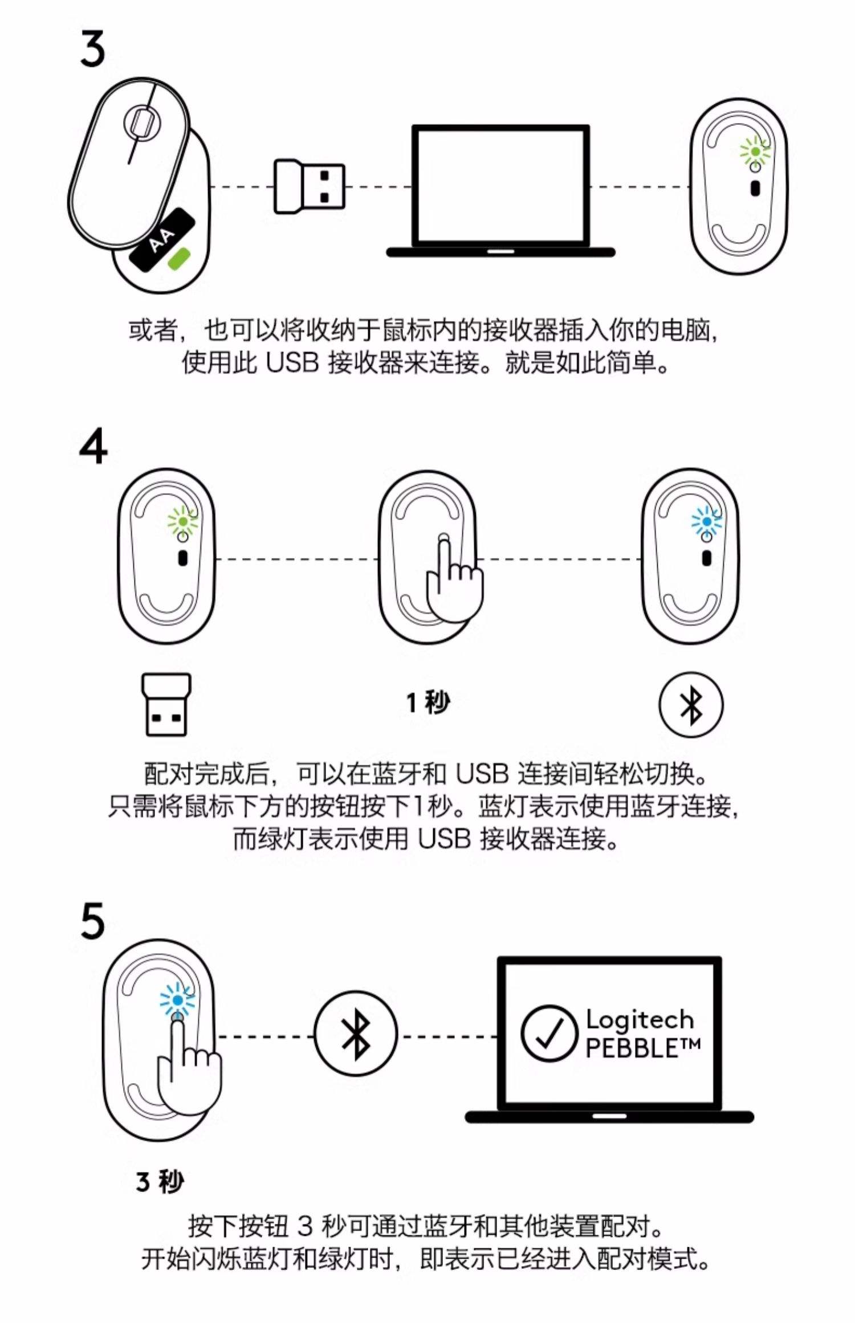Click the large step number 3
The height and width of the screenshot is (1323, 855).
tap(93, 49)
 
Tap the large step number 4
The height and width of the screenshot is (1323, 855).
tap(93, 447)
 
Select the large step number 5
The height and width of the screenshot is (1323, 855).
tap(93, 921)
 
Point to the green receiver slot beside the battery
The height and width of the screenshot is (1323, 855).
tap(180, 258)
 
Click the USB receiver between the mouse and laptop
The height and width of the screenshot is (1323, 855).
tap(310, 186)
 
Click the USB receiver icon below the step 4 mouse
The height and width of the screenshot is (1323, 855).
tap(166, 705)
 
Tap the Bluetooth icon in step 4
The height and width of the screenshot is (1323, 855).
tap(691, 704)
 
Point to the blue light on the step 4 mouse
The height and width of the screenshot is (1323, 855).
tap(707, 521)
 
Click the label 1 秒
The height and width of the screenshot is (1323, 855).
tap(428, 703)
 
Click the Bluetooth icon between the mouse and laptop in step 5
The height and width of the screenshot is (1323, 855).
tap(356, 1033)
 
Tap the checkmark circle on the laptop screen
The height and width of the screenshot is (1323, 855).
tap(549, 1032)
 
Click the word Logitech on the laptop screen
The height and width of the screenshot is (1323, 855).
tap(640, 1020)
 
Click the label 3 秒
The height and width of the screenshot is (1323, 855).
tap(160, 1181)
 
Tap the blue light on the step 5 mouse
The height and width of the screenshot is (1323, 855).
tap(177, 1000)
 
